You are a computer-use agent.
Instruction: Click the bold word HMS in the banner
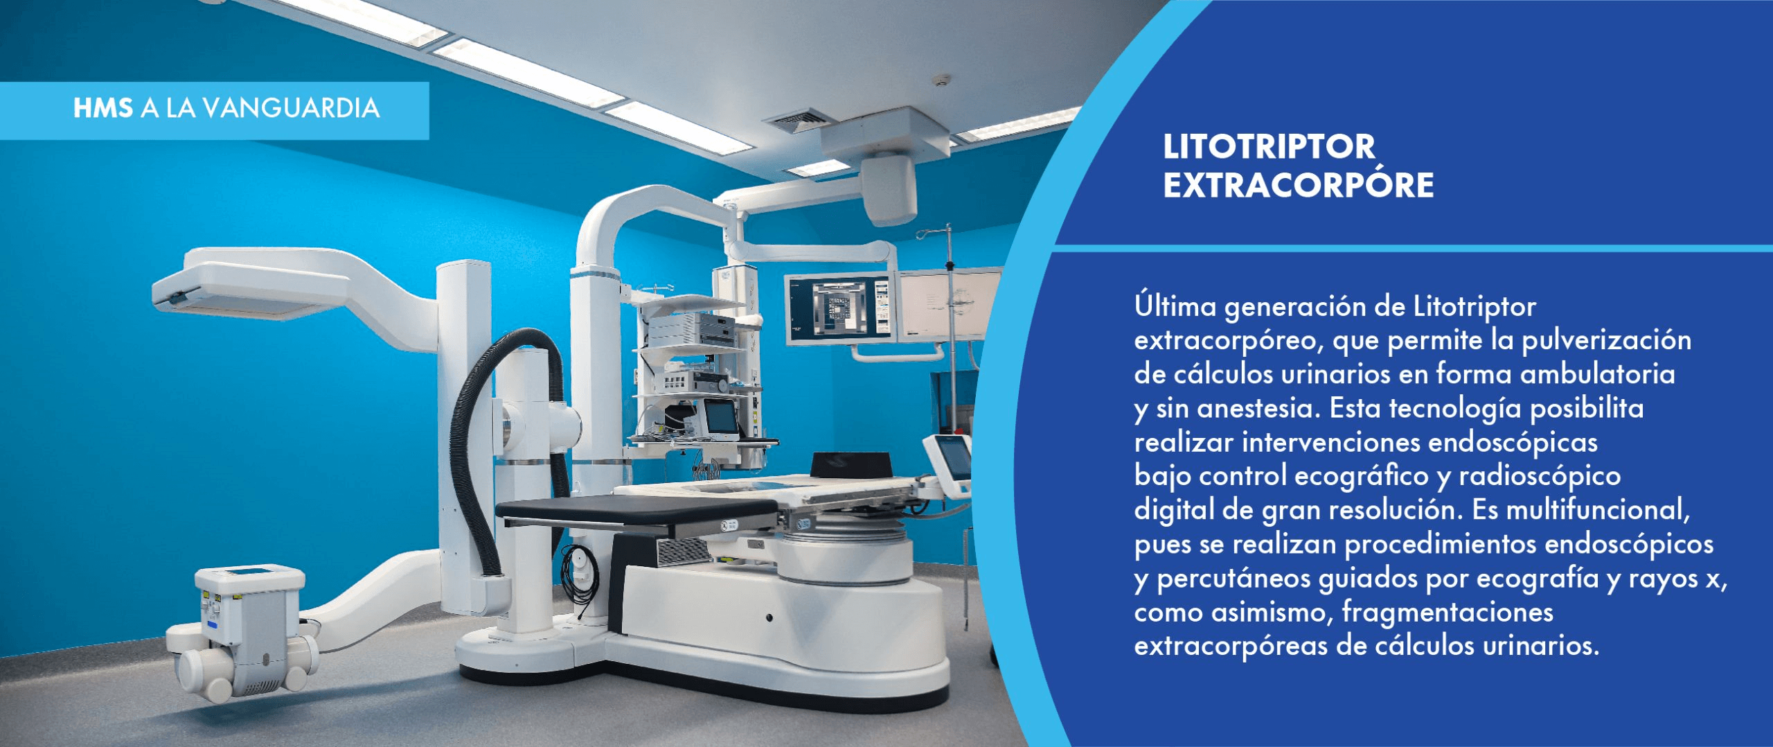(103, 108)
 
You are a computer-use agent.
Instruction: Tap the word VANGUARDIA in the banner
(292, 108)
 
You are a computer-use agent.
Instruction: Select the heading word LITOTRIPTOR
(1269, 146)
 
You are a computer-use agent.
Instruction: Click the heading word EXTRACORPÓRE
(1298, 185)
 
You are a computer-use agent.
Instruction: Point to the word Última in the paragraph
(1175, 306)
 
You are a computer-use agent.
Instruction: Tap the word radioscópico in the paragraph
(1540, 477)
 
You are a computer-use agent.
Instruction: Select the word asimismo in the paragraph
(1272, 613)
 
